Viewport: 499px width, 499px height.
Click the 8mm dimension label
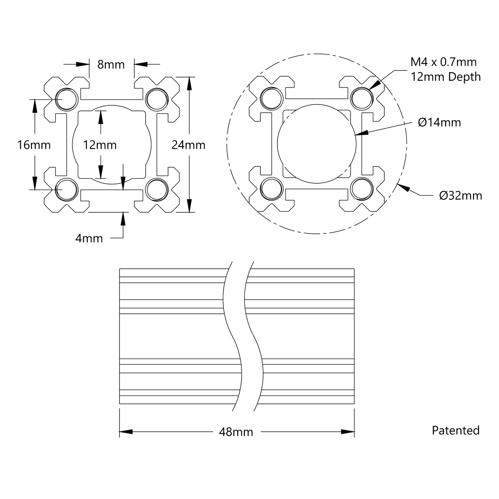click(111, 64)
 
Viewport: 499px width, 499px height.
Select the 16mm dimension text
click(34, 145)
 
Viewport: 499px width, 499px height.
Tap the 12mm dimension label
click(99, 145)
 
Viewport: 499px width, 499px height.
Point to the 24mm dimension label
click(188, 145)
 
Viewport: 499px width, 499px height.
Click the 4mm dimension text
click(89, 238)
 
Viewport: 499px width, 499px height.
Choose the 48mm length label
click(236, 432)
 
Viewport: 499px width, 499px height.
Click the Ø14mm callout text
click(439, 123)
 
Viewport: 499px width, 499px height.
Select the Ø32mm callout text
click(460, 196)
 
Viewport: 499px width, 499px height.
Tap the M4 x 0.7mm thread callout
click(443, 62)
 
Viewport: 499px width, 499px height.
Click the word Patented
click(455, 430)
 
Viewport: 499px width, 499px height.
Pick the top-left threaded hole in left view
click(67, 99)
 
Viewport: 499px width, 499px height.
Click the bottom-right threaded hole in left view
click(156, 190)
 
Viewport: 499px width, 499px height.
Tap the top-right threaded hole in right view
click(362, 99)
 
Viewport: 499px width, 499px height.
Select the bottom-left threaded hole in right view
click(271, 189)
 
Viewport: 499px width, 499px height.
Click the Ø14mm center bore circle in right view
click(316, 144)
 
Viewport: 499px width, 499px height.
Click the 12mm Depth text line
click(445, 77)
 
